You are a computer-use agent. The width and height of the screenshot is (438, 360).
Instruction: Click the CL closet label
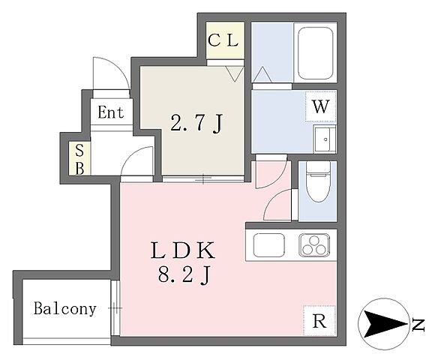[223, 40]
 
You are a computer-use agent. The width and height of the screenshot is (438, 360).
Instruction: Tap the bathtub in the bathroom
[315, 53]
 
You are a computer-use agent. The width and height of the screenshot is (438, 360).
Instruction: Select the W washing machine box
[320, 106]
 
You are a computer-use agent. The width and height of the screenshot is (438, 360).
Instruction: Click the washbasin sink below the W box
[325, 139]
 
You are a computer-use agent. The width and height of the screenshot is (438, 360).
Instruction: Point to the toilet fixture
[318, 181]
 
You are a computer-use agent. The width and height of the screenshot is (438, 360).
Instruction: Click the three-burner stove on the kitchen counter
[314, 245]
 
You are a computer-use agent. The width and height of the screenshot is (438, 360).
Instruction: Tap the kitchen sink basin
[269, 245]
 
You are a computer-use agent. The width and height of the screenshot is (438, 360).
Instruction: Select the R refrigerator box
[319, 320]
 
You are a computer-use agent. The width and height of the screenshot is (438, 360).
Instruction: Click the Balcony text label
[65, 308]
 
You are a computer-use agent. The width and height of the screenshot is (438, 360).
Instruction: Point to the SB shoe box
[79, 159]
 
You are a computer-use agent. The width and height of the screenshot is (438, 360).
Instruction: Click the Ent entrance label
[110, 112]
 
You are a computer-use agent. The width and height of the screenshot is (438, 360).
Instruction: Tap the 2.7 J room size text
[196, 123]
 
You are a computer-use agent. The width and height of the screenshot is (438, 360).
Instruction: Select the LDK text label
[183, 250]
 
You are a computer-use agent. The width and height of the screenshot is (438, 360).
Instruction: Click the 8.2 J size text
[184, 274]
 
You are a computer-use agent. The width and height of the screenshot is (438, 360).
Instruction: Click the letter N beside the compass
[418, 324]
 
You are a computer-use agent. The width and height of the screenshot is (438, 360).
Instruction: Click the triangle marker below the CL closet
[235, 73]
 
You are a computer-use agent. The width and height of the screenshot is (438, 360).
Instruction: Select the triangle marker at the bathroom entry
[262, 74]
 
